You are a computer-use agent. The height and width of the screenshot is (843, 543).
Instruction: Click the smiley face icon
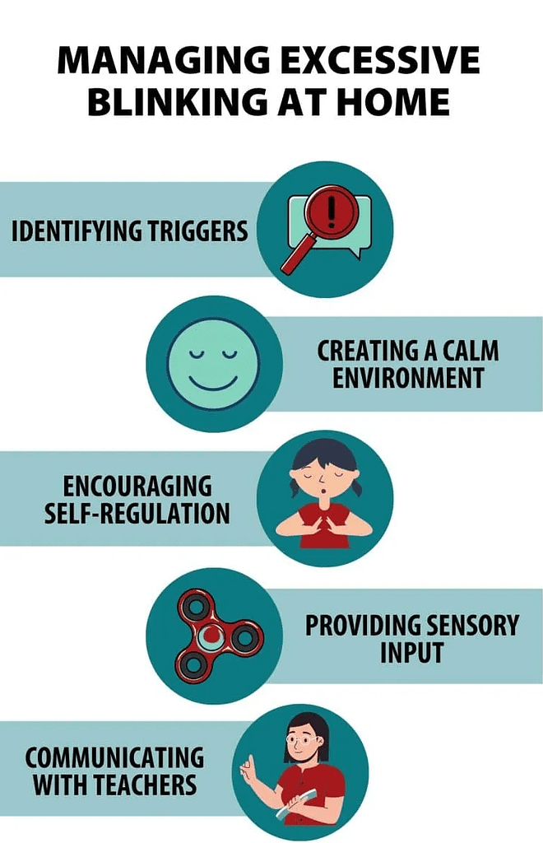click(x=213, y=364)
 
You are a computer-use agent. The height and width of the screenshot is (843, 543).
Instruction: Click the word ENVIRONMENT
click(x=401, y=378)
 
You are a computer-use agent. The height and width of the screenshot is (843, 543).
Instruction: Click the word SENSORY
click(x=468, y=625)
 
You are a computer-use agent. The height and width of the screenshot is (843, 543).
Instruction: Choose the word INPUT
click(x=411, y=652)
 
